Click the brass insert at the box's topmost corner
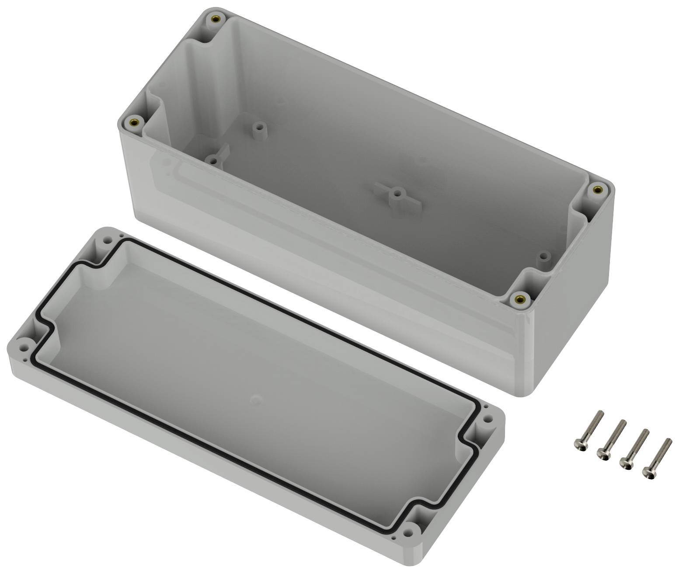coord(215,19)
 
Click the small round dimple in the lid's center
coord(256,399)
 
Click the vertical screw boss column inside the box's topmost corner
coord(199,66)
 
